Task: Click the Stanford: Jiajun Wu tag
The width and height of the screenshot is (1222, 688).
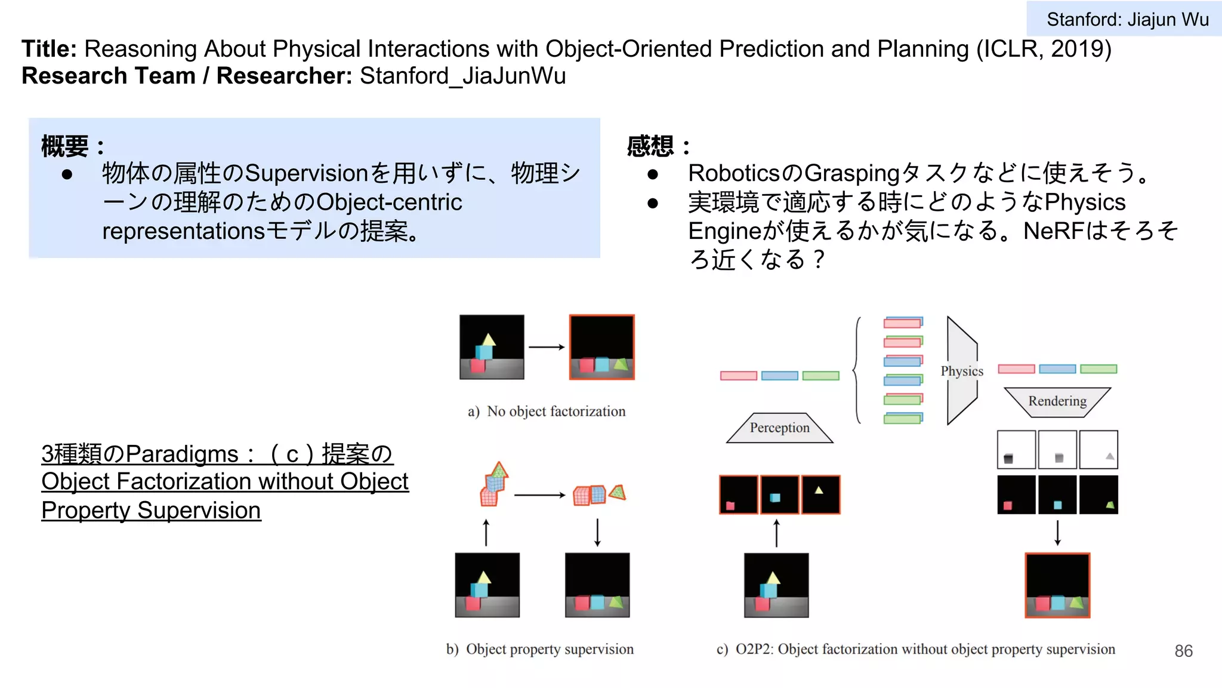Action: coord(1127,19)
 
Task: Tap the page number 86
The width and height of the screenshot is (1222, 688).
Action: coord(1183,651)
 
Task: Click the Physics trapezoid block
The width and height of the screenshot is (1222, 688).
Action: coord(961,371)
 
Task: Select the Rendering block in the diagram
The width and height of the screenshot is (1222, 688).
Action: coord(1057,401)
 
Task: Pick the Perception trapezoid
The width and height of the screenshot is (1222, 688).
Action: coord(779,428)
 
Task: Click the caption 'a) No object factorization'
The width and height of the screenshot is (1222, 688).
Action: coord(547,411)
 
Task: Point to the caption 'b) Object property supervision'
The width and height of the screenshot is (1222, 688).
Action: coord(540,649)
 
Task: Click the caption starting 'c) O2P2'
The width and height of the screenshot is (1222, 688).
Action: coord(915,649)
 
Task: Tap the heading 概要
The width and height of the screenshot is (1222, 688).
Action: coord(64,146)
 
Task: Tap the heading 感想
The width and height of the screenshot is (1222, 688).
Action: coord(650,146)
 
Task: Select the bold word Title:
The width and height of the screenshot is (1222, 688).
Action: coord(49,49)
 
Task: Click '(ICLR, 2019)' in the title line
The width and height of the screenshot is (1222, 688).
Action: coord(1044,49)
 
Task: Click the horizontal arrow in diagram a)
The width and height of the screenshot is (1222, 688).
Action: coord(547,347)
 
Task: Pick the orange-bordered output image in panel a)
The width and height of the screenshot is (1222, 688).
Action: coord(601,347)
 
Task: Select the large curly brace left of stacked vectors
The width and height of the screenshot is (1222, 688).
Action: coord(857,371)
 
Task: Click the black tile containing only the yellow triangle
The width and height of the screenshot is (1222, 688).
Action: coord(820,494)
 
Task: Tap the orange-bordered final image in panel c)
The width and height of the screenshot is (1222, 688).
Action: coord(1057,585)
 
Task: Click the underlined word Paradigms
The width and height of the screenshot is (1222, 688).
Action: coord(182,454)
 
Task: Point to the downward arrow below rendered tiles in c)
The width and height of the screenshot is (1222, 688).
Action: coord(1057,533)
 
